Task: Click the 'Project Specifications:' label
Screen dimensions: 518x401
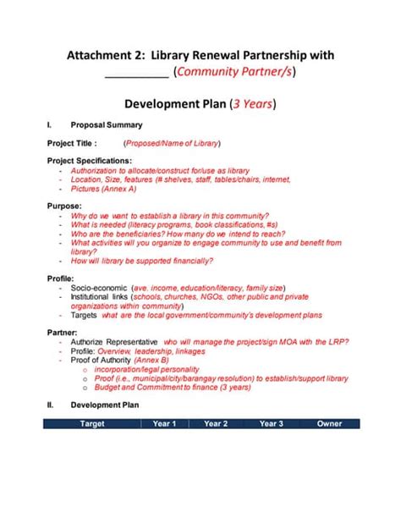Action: tap(89, 160)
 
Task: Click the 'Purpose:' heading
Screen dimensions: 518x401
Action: tap(63, 206)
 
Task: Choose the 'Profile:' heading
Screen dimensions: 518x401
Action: tap(61, 278)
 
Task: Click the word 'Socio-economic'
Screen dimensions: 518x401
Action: tap(100, 288)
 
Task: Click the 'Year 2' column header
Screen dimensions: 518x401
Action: tap(217, 423)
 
